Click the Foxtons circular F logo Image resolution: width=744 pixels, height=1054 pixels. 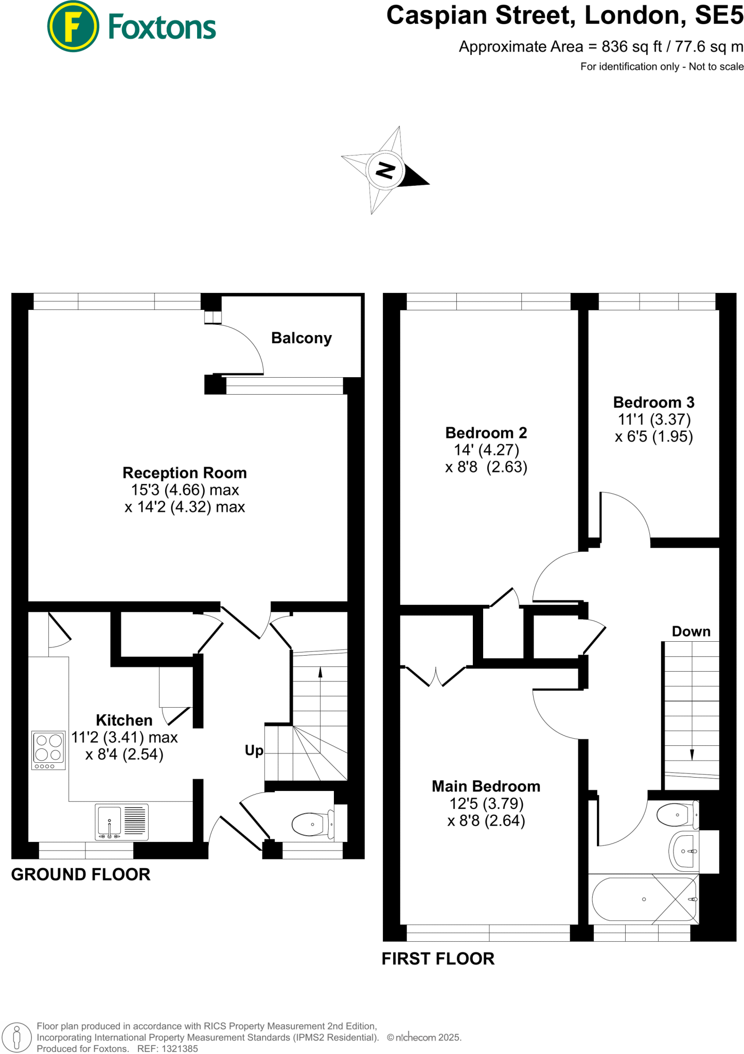coord(73,26)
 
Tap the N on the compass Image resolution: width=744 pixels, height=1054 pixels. coord(385,169)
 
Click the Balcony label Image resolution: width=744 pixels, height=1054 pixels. coord(301,338)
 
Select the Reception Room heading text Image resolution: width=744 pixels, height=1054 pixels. coord(184,472)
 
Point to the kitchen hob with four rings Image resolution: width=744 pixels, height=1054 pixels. coord(48,750)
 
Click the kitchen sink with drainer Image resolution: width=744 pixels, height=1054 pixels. coord(122,822)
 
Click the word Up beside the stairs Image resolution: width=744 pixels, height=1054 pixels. coord(254,750)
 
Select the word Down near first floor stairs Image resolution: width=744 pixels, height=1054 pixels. coord(690,631)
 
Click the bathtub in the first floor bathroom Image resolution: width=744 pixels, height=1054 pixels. coord(644,899)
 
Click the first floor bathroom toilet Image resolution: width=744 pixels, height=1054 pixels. coord(676,815)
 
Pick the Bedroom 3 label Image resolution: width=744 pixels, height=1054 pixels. coord(653,402)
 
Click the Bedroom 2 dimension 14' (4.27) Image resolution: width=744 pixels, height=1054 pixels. coord(486,450)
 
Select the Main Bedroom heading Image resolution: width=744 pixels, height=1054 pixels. coord(486,786)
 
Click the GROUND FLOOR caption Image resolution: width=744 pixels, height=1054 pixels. coord(81,874)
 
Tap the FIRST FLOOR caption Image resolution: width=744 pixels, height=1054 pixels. coord(438,959)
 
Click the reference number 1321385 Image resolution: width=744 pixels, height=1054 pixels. coord(180,1048)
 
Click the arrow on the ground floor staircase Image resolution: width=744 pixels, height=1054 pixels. coord(320,673)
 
